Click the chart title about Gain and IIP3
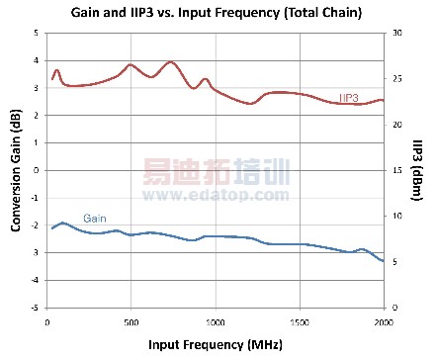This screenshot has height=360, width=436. pos(217,13)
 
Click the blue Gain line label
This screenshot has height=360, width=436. pos(95,219)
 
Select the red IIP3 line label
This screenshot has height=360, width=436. pos(348,97)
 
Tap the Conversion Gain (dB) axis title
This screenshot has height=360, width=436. pos(16,170)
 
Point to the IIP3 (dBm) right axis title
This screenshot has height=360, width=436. pos(418,170)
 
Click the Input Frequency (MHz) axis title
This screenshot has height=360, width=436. pos(216,345)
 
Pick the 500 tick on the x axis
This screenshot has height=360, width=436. pos(131,321)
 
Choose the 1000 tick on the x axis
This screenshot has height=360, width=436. pos(216,321)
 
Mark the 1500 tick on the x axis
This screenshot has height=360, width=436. pos(300,321)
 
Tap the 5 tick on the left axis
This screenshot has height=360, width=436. pos(36,33)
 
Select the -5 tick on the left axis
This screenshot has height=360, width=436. pos(34,308)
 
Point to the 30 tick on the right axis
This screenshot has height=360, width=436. pos(396,33)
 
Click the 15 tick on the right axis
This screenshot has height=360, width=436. pos(396,170)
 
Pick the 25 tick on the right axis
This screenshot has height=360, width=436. pos(396,78)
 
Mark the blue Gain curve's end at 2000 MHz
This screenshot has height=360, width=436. pos(383,261)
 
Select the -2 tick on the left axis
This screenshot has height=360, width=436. pos(34,225)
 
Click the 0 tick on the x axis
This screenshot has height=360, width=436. pos(47,321)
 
